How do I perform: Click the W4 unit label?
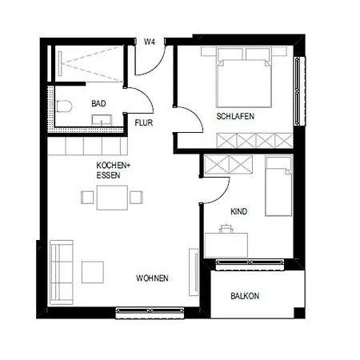click(150, 42)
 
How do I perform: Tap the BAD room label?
click(98, 103)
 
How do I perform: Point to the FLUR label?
click(144, 123)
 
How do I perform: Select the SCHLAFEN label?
click(235, 116)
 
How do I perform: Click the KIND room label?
click(238, 211)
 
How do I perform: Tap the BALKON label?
click(245, 296)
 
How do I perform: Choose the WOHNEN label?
click(152, 278)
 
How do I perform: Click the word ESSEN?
click(108, 175)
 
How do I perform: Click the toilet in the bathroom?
click(64, 106)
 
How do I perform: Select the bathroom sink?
click(102, 120)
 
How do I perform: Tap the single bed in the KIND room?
click(279, 186)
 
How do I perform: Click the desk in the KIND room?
click(226, 245)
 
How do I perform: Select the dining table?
click(112, 198)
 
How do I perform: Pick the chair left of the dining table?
click(87, 198)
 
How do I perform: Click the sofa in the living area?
click(62, 272)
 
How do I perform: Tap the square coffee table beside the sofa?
click(93, 272)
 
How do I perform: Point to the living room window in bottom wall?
click(150, 312)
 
